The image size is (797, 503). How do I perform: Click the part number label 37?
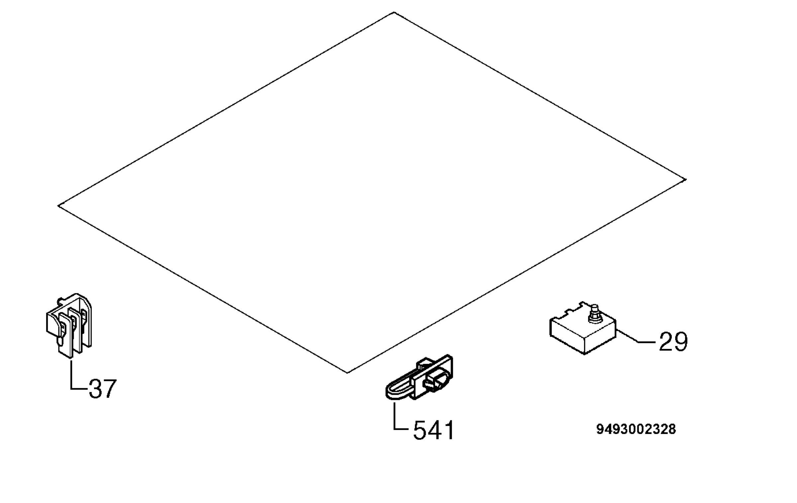[103, 389]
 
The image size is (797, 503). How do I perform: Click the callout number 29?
[673, 342]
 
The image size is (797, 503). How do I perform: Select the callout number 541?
[433, 430]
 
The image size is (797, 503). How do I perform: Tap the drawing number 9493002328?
[636, 429]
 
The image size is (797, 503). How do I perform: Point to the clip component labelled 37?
[69, 325]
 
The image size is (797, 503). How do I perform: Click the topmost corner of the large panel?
[394, 12]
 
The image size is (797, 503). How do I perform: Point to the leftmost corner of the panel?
[58, 206]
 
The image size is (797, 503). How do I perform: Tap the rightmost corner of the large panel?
[686, 180]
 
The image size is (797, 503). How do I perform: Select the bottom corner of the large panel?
[347, 373]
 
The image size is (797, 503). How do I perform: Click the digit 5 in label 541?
[420, 431]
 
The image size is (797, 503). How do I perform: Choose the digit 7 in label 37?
[110, 389]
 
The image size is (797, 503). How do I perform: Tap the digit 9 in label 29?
[681, 342]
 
